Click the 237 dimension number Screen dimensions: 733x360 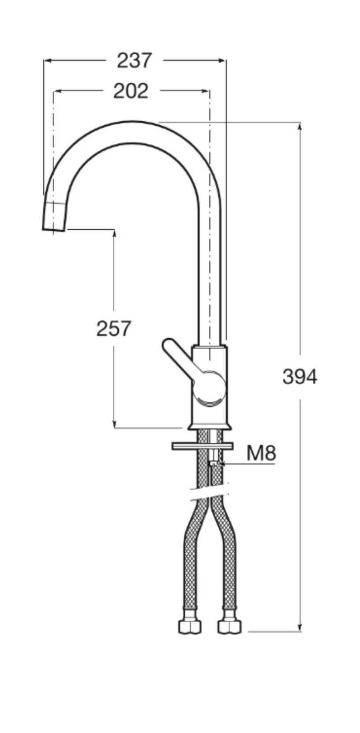click(134, 60)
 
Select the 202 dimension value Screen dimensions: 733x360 click(131, 91)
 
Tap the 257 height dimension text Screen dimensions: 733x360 click(114, 329)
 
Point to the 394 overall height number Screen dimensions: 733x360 click(300, 377)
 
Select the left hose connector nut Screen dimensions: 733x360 click(190, 626)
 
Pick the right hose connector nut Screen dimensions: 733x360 click(229, 626)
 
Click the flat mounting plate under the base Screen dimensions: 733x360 click(202, 446)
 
